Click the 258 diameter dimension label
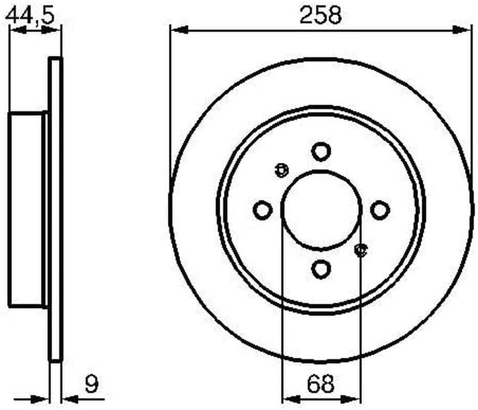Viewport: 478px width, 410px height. click(x=321, y=15)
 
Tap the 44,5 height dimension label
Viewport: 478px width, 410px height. click(x=30, y=15)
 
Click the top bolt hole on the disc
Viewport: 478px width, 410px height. click(x=321, y=152)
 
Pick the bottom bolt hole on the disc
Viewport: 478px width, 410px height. click(x=321, y=269)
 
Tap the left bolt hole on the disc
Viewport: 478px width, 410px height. click(x=263, y=210)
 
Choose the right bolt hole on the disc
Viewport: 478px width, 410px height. click(x=380, y=210)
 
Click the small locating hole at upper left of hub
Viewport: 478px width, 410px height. click(x=281, y=170)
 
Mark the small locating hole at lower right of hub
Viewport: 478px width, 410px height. click(x=361, y=250)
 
